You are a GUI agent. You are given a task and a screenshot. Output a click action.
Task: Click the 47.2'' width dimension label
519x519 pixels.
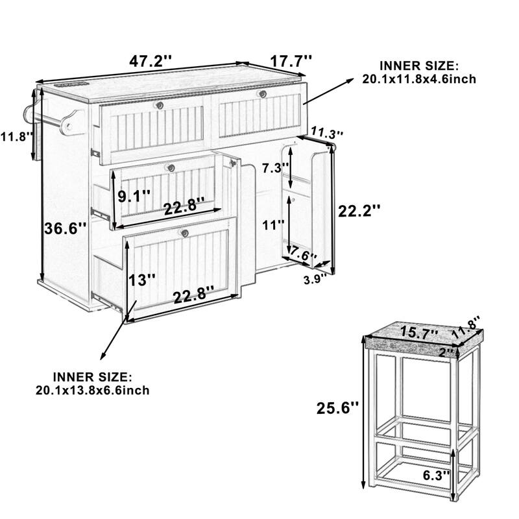click(x=150, y=62)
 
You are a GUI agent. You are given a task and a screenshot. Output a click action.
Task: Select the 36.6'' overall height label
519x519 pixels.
click(x=62, y=229)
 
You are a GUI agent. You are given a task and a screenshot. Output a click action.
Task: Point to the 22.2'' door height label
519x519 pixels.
click(x=359, y=210)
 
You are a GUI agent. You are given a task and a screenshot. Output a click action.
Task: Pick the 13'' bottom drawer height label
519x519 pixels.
click(x=143, y=280)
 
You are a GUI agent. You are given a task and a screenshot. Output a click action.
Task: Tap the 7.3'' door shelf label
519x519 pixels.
click(x=273, y=168)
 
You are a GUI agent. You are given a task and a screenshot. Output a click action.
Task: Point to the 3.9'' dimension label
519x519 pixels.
click(x=315, y=280)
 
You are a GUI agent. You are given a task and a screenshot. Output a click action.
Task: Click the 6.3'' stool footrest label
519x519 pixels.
click(x=435, y=475)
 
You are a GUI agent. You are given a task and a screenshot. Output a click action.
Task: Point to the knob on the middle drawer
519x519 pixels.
click(x=172, y=168)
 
